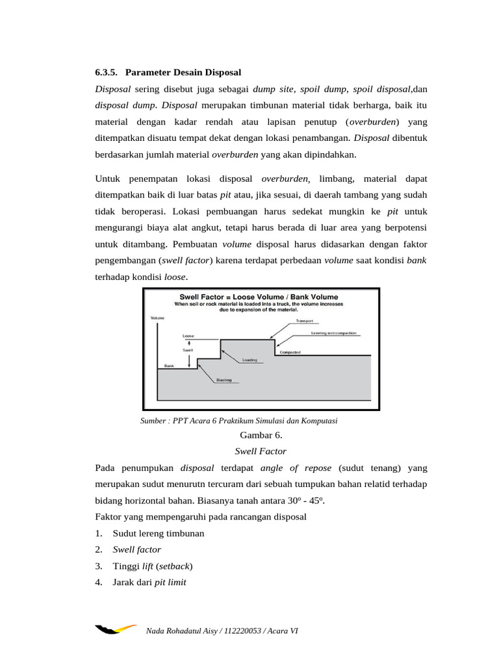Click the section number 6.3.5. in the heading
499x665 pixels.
click(106, 71)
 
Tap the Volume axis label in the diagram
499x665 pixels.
click(157, 318)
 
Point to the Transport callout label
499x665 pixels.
click(304, 320)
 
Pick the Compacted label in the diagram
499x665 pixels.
click(290, 353)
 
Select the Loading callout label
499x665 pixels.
click(249, 359)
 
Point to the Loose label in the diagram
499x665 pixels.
click(188, 336)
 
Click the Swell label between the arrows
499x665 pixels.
click(188, 350)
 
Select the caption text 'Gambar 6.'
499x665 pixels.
click(261, 435)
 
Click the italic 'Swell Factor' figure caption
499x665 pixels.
click(260, 451)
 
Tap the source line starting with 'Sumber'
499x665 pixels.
click(238, 421)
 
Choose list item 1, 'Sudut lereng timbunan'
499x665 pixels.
click(158, 533)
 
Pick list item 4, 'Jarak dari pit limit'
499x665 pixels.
click(149, 583)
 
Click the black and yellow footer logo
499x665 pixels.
click(116, 629)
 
